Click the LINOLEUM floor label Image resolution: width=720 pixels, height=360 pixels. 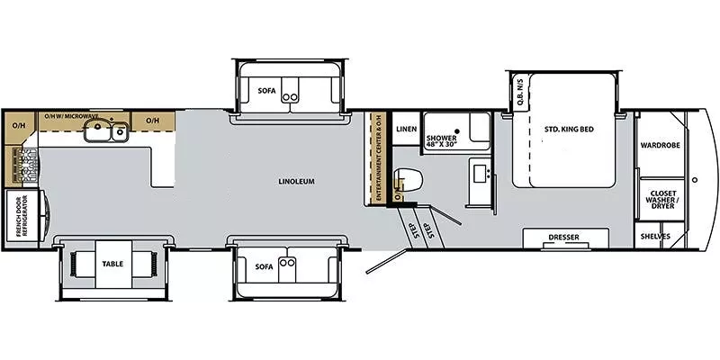tap(296, 182)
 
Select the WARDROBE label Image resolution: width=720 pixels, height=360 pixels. tap(660, 145)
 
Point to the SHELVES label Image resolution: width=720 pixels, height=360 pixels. tap(655, 238)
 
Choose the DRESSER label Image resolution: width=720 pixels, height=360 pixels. tap(565, 238)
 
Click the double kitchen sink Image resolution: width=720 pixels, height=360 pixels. tap(105, 134)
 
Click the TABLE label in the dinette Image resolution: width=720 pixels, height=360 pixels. tap(113, 265)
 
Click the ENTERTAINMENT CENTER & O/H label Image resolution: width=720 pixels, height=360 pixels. tap(379, 163)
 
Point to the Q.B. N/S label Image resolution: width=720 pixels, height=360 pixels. tap(519, 94)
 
